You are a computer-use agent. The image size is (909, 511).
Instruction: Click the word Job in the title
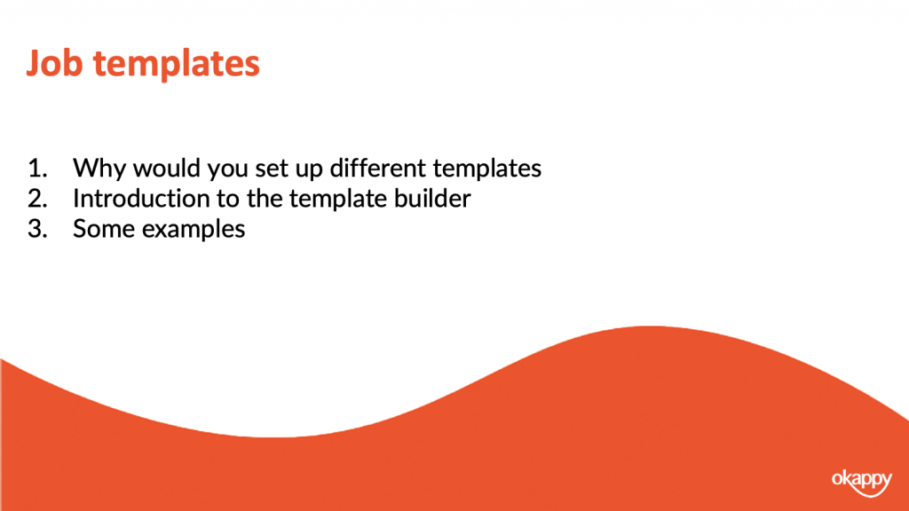pos(54,63)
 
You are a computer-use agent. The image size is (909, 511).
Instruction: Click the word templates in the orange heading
pos(177,64)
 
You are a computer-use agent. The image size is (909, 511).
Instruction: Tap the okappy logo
pos(861,483)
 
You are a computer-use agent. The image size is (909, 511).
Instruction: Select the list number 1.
pos(37,169)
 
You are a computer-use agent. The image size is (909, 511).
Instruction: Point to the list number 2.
pos(37,199)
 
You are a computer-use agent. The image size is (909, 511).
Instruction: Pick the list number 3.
pos(37,229)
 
